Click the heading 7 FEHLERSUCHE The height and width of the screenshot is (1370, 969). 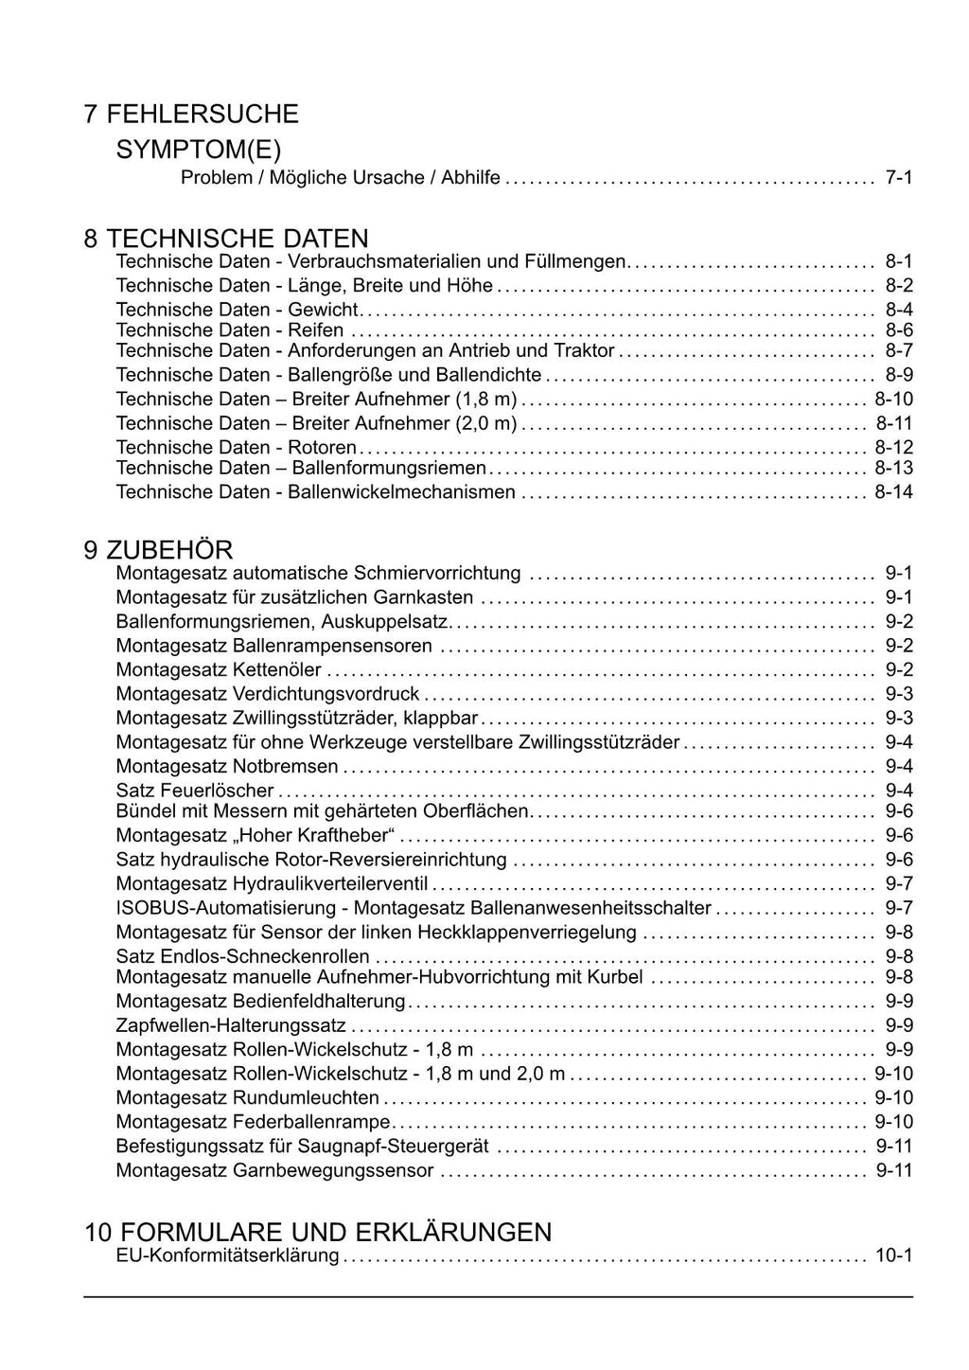(190, 115)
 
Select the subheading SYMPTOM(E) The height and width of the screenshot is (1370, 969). (199, 150)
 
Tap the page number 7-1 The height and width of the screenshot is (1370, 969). (898, 178)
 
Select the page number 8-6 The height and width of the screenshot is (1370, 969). (898, 330)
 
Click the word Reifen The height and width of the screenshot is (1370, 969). (316, 330)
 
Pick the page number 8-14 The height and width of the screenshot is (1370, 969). (893, 492)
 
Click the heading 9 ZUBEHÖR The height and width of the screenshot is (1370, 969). (157, 550)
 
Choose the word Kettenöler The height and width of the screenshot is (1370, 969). (276, 670)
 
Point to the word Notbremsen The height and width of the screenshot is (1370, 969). (285, 767)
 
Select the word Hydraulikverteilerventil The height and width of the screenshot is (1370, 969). (330, 884)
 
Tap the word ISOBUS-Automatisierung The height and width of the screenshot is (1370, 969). (226, 908)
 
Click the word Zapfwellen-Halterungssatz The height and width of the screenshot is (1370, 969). (231, 1026)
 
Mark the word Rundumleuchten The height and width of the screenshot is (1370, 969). (306, 1098)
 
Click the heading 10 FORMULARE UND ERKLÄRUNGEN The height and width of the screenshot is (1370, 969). (317, 1232)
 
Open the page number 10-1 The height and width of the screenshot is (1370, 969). (893, 1256)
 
